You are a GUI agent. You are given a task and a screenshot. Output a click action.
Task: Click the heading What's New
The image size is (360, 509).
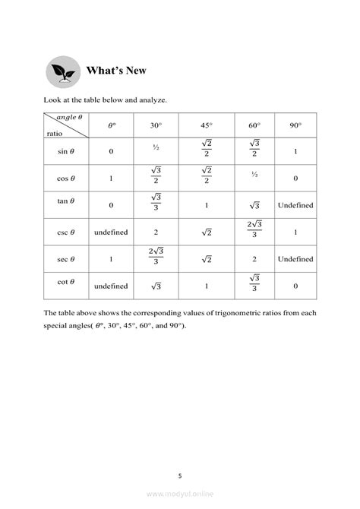click(x=116, y=71)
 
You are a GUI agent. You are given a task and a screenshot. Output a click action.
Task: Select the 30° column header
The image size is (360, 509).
click(x=155, y=125)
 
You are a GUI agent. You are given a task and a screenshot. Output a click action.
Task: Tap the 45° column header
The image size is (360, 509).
click(x=207, y=125)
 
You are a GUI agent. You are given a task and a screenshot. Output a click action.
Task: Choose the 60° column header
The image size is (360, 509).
click(x=253, y=125)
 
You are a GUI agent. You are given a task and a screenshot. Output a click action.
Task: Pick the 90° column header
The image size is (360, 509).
click(x=295, y=125)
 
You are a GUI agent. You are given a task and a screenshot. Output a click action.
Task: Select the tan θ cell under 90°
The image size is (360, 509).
click(x=295, y=205)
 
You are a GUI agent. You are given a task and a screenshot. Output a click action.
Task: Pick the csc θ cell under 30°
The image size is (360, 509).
click(x=155, y=231)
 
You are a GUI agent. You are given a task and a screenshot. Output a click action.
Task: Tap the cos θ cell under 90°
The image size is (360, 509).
click(x=295, y=179)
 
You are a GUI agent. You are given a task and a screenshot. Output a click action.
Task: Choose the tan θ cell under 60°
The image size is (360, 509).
click(x=253, y=205)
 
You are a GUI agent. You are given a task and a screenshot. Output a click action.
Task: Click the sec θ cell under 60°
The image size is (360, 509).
click(x=253, y=258)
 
